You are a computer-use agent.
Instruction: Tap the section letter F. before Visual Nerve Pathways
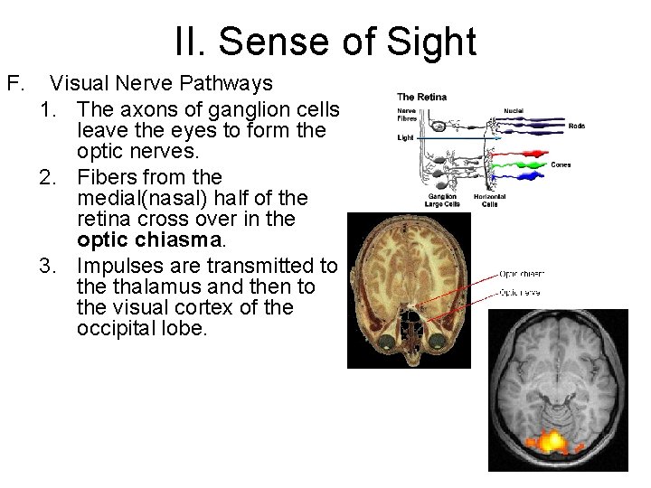pos(15,84)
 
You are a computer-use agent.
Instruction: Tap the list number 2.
pos(52,176)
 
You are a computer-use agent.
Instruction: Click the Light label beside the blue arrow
pos(405,138)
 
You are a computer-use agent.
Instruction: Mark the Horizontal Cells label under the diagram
pos(488,200)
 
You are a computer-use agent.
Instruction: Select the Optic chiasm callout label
pos(522,273)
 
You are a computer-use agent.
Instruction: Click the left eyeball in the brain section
pos(387,342)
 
